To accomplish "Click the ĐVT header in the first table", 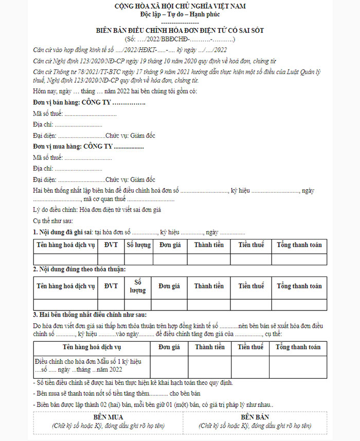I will (x=111, y=245).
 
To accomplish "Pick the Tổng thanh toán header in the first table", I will (x=299, y=245).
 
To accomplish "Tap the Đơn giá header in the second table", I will (x=169, y=286).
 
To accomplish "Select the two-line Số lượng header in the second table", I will (x=138, y=286).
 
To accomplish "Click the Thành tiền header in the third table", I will (x=210, y=347).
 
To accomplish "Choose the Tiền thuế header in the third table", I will (x=251, y=347).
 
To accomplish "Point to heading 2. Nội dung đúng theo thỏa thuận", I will (x=79, y=269).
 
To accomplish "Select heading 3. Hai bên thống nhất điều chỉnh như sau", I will (x=93, y=315).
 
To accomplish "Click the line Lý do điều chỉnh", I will (x=97, y=209).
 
